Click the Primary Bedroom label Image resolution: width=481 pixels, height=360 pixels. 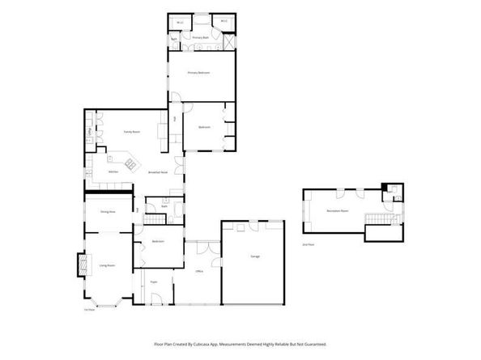point(198,73)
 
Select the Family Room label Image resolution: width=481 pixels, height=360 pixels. point(132,131)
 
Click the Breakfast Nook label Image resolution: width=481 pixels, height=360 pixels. point(158,172)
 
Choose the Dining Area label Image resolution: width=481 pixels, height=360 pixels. point(107,212)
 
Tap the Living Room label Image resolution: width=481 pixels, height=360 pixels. point(107,265)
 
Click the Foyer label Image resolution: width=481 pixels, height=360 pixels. point(153,282)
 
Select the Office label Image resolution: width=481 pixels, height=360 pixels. point(198,270)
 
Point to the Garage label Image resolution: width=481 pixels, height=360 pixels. point(254,256)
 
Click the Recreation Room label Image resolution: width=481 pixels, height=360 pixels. point(338,210)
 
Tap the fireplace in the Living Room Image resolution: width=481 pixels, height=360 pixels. point(79,265)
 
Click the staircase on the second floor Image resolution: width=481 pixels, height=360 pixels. point(375,220)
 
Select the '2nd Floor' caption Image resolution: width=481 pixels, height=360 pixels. point(307,244)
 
